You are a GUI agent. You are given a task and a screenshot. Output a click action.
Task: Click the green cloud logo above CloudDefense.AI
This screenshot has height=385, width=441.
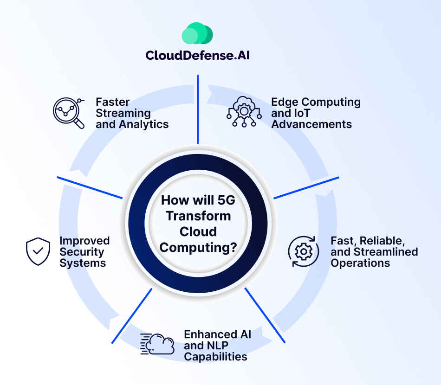click(197, 33)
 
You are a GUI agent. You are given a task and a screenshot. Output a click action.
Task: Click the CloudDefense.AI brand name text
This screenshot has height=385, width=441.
click(197, 55)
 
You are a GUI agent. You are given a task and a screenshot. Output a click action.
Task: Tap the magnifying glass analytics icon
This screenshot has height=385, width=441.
click(68, 112)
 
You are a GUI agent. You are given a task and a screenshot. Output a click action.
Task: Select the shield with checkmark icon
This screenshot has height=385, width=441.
click(38, 251)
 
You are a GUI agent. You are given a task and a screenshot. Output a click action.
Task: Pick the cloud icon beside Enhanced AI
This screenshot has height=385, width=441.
click(158, 344)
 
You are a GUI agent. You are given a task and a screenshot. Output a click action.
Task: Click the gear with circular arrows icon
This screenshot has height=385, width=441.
click(304, 251)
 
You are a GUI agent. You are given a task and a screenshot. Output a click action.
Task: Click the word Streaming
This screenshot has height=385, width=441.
click(123, 113)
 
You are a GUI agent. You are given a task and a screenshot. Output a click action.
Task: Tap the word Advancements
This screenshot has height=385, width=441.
click(311, 124)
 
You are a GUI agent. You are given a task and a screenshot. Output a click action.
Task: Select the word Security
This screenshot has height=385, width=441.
click(82, 252)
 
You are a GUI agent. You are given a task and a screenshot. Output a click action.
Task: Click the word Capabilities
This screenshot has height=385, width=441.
click(215, 357)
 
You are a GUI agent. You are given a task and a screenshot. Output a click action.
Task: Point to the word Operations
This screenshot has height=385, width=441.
click(360, 263)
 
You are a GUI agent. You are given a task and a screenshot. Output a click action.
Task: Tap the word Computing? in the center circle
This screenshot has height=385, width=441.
click(198, 247)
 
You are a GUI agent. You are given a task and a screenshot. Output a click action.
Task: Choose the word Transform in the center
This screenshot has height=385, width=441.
click(198, 216)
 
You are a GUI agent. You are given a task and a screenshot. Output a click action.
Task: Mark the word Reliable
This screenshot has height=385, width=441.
click(378, 241)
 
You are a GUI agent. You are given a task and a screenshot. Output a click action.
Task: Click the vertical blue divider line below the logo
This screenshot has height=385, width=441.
click(198, 109)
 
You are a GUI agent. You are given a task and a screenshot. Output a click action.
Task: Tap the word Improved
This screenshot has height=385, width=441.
click(84, 241)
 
